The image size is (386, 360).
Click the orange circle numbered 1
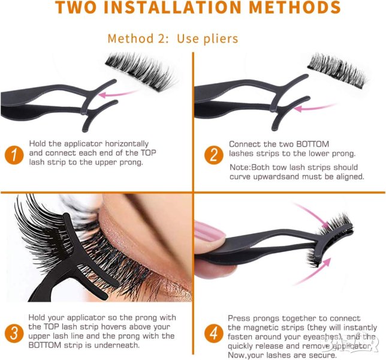pos(14,155)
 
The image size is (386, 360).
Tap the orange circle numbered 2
pos(214,155)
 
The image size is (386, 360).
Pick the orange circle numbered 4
pos(214,333)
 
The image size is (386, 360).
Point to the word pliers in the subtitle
pos(220,39)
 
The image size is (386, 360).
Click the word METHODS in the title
pos(295,7)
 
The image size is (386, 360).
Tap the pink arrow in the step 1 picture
pos(118,94)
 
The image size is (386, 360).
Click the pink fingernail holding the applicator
pos(209,232)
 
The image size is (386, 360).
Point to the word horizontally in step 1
pos(127,143)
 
